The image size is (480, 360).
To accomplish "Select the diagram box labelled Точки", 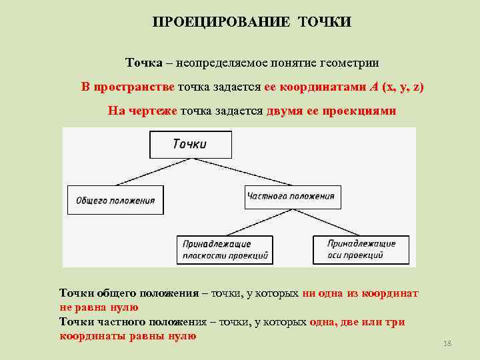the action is point(191,145).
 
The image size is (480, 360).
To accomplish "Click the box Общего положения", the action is point(115,200).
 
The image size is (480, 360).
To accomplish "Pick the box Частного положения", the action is point(291,196).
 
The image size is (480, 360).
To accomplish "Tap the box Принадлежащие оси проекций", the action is point(362,249).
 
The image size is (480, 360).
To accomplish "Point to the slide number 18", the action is point(447,343).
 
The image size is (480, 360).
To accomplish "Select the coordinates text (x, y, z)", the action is point(402,87).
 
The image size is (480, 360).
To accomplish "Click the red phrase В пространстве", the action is point(128,87).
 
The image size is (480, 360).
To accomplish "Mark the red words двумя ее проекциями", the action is point(331,111).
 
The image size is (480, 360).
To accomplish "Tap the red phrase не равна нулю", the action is point(99,307).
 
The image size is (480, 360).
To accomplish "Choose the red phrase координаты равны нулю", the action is point(128,336).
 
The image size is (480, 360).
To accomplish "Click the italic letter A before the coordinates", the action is point(373,87).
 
